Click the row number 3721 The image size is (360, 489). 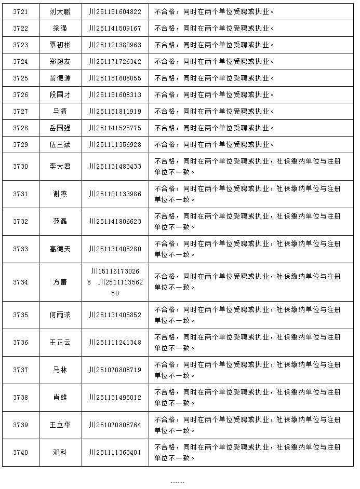click(x=21, y=11)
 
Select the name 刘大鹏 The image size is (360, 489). click(x=60, y=11)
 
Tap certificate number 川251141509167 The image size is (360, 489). click(x=115, y=28)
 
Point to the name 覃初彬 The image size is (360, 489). click(x=60, y=45)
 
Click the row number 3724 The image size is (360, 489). click(x=21, y=61)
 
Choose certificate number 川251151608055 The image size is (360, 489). click(x=115, y=78)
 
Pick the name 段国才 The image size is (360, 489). click(x=60, y=94)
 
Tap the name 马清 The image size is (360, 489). click(x=60, y=111)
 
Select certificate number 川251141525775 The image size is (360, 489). click(x=115, y=128)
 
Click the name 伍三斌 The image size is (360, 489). click(x=60, y=144)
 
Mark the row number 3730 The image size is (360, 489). click(x=21, y=167)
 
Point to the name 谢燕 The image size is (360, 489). click(x=60, y=194)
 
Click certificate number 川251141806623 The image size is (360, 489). click(x=115, y=222)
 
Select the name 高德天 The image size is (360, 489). click(x=60, y=249)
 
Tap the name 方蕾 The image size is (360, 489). click(x=60, y=282)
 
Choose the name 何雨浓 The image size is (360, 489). click(x=60, y=315)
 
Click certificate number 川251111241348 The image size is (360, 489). click(x=115, y=343)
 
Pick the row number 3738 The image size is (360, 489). click(x=21, y=398)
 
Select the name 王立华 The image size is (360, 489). click(x=60, y=425)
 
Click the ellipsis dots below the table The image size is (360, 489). click(x=177, y=482)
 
